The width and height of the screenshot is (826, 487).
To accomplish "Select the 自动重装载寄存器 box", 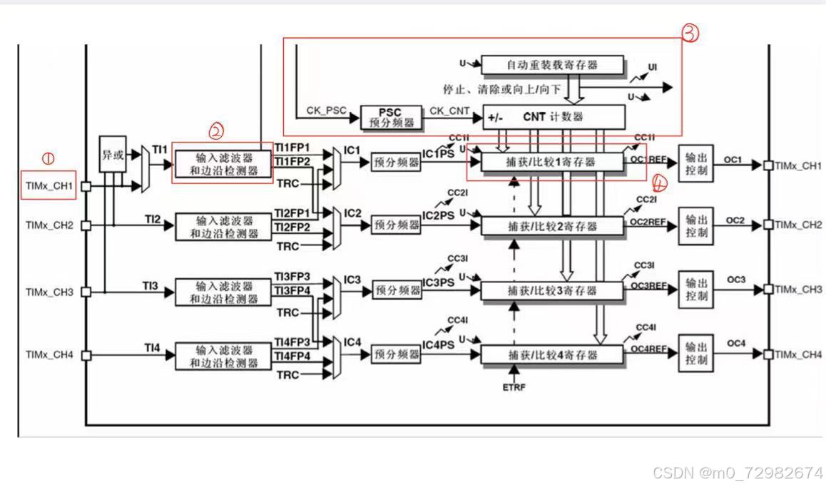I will (x=552, y=65).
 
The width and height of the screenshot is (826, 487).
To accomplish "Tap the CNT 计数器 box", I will (x=554, y=116).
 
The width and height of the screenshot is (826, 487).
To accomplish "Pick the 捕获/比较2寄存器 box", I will (x=553, y=226).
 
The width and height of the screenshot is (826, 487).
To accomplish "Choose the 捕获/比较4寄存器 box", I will (x=553, y=354).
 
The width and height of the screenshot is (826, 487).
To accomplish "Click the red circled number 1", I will (x=49, y=158).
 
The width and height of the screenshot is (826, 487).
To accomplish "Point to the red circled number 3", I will (x=690, y=34).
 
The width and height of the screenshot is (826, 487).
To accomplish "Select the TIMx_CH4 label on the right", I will (x=798, y=354).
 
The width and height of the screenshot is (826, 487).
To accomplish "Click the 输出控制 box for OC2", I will (x=695, y=226).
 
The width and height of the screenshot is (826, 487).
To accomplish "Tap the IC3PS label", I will (x=437, y=282).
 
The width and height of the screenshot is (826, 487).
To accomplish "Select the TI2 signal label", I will (x=151, y=218).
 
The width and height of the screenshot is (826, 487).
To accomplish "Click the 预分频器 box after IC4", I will (x=396, y=354).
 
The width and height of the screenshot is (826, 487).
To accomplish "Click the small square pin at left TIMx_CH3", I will (x=86, y=292).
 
